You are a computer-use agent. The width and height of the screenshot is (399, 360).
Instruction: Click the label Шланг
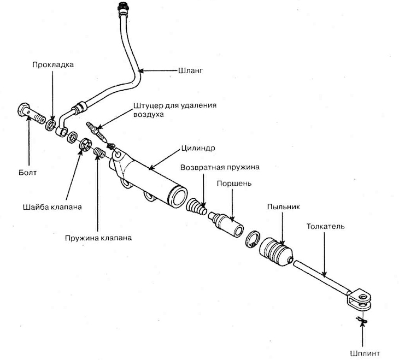tap(191, 70)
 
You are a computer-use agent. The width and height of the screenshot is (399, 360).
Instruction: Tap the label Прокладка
tap(52, 64)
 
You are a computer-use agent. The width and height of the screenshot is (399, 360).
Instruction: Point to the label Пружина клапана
tap(98, 238)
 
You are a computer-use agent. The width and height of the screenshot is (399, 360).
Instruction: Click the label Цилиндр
tap(196, 148)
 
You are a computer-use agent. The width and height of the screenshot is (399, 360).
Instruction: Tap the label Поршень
tap(234, 184)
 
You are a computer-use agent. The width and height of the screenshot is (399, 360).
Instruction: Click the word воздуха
tap(146, 115)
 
